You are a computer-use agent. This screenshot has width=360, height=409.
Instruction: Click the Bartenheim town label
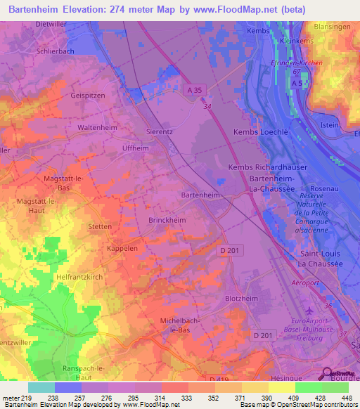tap(201, 195)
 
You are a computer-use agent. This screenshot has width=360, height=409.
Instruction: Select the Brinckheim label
tap(167, 220)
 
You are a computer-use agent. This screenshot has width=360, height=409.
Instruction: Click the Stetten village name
tap(100, 227)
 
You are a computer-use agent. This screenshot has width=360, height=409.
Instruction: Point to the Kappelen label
tap(123, 249)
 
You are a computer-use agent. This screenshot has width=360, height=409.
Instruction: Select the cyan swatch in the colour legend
tap(41, 387)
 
